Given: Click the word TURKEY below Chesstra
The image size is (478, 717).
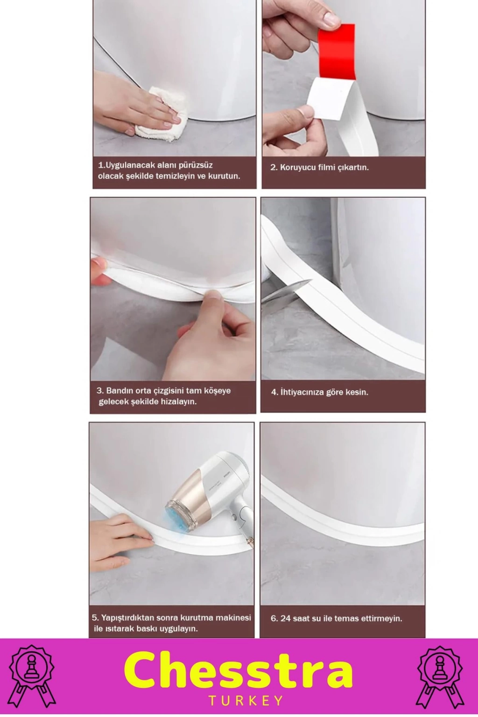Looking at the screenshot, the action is [246, 701].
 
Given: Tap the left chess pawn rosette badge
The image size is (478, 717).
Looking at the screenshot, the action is [32, 676].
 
